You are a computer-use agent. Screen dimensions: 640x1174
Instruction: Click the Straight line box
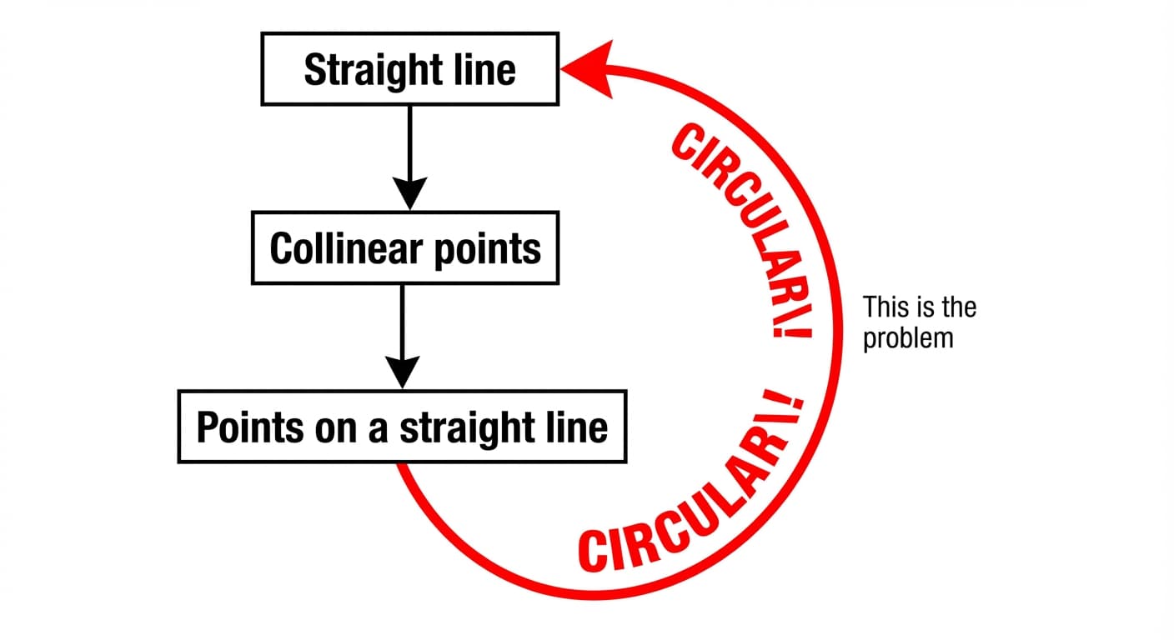(x=409, y=69)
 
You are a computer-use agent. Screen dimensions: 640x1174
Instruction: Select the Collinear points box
(x=405, y=247)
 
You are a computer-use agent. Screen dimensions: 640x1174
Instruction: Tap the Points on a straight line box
(x=402, y=426)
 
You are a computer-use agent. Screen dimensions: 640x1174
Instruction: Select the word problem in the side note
(x=908, y=339)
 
